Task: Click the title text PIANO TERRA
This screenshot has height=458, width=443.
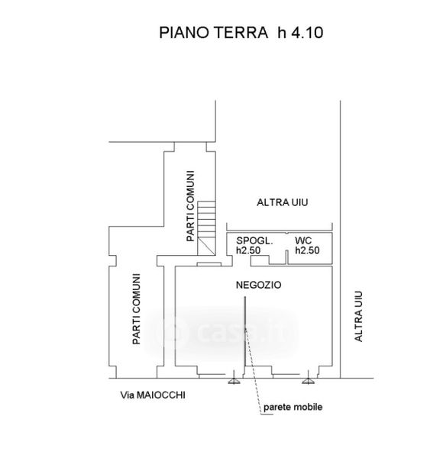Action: pyautogui.click(x=213, y=32)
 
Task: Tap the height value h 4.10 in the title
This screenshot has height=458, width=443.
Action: pyautogui.click(x=300, y=32)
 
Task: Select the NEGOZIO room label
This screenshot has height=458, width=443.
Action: pyautogui.click(x=259, y=285)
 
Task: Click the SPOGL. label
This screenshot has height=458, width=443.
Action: pyautogui.click(x=254, y=240)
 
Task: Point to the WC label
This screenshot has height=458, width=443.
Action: pyautogui.click(x=303, y=240)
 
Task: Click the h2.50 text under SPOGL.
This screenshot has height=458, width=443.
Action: pyautogui.click(x=248, y=250)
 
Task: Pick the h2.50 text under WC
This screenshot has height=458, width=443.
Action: pyautogui.click(x=307, y=250)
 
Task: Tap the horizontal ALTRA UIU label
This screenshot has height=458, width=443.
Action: pyautogui.click(x=283, y=202)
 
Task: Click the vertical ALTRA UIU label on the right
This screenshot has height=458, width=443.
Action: pyautogui.click(x=358, y=316)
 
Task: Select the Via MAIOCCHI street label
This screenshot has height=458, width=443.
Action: pyautogui.click(x=153, y=395)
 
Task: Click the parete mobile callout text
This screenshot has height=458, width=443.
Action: pyautogui.click(x=293, y=407)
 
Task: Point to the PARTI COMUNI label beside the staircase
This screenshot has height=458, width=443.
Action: pyautogui.click(x=190, y=206)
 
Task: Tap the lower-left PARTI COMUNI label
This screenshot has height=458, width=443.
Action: pyautogui.click(x=137, y=308)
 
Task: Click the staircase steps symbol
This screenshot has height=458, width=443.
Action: pyautogui.click(x=206, y=228)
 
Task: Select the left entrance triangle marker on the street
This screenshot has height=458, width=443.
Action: pyautogui.click(x=234, y=379)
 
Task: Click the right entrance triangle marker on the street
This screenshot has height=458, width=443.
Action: pyautogui.click(x=308, y=379)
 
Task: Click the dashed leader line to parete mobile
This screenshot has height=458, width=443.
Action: pyautogui.click(x=253, y=371)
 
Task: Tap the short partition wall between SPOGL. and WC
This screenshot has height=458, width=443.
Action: pyautogui.click(x=286, y=257)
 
